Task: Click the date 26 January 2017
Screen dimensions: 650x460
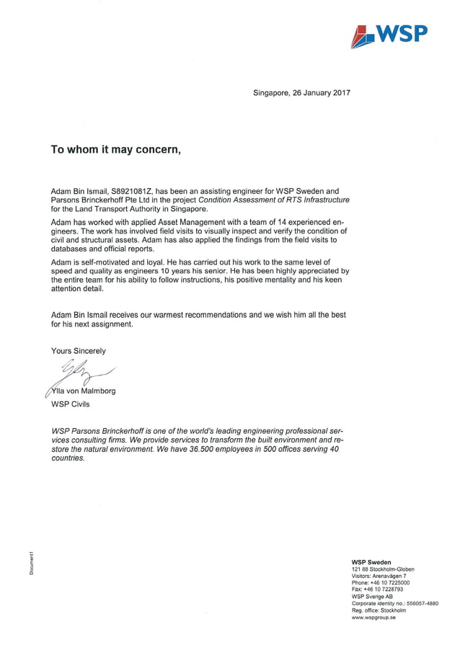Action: tap(322, 93)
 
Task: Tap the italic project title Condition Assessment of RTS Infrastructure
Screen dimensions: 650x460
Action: tap(274, 200)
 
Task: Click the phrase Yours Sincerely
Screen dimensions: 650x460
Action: tap(79, 351)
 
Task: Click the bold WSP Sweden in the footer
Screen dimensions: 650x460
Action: tap(371, 562)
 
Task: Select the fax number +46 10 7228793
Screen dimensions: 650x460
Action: tap(386, 589)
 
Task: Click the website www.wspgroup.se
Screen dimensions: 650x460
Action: tap(374, 617)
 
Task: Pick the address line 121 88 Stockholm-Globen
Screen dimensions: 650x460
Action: tap(383, 569)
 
